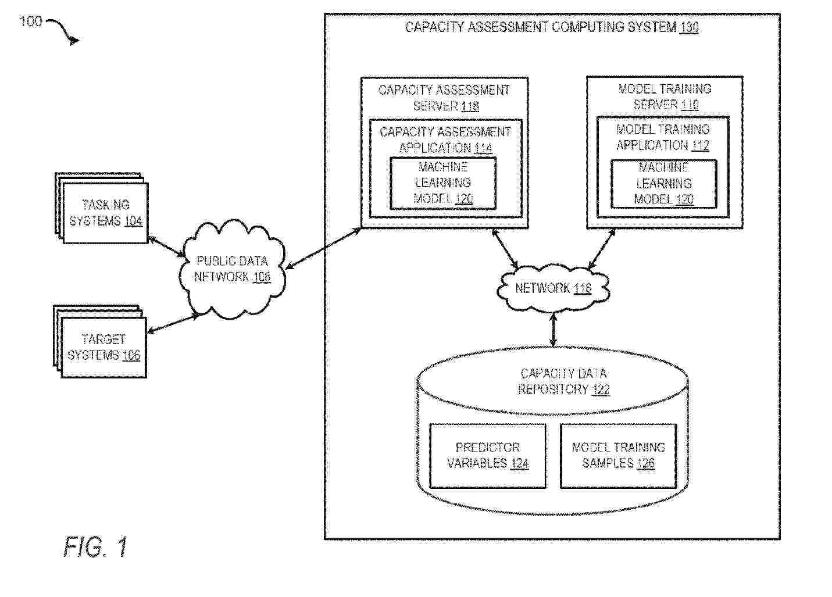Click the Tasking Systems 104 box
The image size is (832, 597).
click(x=105, y=213)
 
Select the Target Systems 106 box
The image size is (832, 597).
click(x=103, y=348)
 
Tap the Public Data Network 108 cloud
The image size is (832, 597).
click(x=232, y=269)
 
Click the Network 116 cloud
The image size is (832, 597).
click(x=553, y=288)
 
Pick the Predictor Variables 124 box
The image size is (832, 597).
click(x=488, y=456)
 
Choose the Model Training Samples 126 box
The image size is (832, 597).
click(x=619, y=456)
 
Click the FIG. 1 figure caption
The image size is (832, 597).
click(x=95, y=546)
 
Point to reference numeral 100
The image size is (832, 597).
click(x=30, y=22)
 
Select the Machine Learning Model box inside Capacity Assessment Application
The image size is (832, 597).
click(x=442, y=184)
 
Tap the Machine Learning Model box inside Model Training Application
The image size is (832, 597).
click(x=664, y=184)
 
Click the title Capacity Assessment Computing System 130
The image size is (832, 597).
click(x=552, y=27)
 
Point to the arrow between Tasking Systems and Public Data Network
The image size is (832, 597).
click(x=166, y=246)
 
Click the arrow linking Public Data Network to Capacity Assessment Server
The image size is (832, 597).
click(x=323, y=248)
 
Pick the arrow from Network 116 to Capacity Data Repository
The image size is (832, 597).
click(x=554, y=330)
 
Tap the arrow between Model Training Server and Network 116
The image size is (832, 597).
click(x=602, y=249)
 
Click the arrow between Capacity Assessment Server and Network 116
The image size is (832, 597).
click(x=505, y=248)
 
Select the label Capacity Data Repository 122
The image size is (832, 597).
click(x=563, y=381)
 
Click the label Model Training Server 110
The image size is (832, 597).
click(x=665, y=97)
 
